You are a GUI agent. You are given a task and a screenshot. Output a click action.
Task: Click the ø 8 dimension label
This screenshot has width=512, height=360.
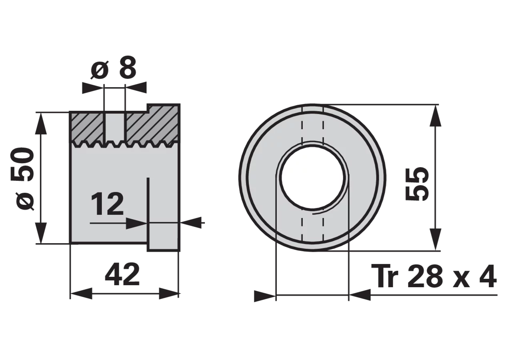113,68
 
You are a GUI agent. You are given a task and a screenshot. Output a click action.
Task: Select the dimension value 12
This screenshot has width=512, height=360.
107,204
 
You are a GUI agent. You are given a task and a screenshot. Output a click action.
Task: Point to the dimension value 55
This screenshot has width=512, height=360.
416,184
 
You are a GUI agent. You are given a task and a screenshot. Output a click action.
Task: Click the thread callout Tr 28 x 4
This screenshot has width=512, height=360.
434,276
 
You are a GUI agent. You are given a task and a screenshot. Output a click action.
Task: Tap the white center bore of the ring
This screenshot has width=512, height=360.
312,177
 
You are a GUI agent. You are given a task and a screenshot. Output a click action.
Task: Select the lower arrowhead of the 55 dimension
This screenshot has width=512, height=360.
435,239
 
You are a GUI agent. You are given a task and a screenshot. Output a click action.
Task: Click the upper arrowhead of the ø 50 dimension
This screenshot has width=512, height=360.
41,123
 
